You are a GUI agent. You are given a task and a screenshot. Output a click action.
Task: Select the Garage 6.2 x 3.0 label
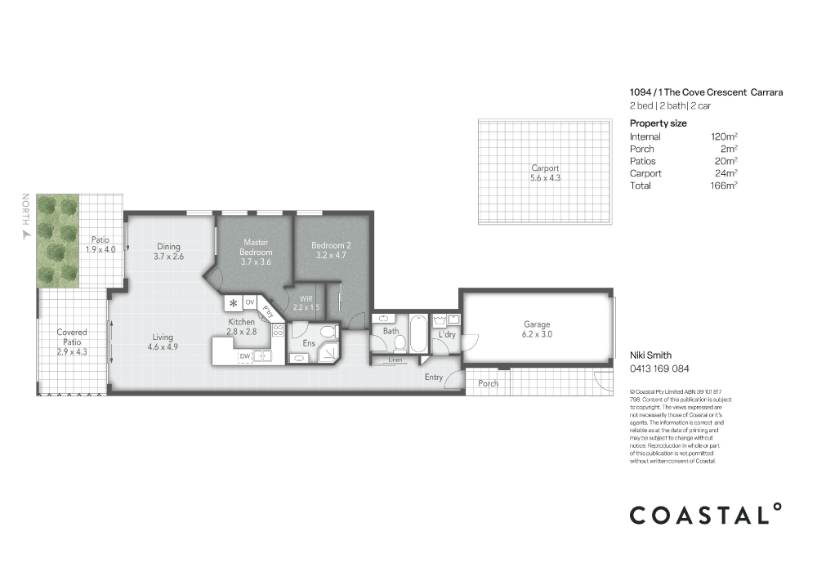point(536,329)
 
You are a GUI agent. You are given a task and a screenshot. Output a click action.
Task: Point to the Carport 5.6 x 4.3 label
point(545,173)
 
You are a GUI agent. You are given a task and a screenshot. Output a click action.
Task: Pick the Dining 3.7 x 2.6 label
point(167,252)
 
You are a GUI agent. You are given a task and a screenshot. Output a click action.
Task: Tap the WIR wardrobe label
point(307,302)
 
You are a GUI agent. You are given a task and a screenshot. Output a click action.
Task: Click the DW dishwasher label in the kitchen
point(244,356)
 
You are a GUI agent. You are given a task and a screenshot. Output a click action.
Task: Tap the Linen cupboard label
point(395,360)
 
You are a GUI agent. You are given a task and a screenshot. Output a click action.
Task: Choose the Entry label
point(434,377)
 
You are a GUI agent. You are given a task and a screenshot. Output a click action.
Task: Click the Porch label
point(488,383)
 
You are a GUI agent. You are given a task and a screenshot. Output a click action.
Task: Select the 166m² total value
point(724,185)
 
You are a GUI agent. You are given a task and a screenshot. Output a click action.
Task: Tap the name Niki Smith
point(650,355)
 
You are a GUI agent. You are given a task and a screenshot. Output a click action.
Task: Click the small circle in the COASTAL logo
point(777,507)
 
